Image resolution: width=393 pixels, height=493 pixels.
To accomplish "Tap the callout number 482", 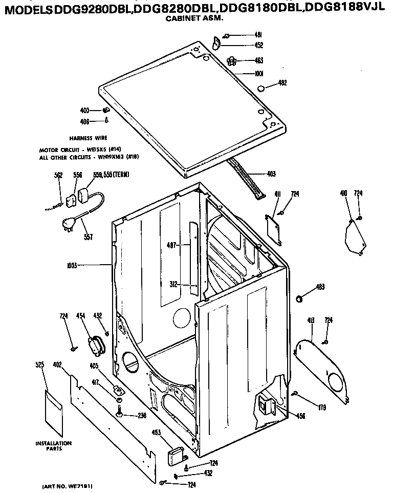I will (x=282, y=83).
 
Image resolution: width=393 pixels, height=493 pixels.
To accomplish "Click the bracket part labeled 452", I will (x=216, y=44).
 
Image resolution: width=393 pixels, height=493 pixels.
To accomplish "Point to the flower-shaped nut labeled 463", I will (x=232, y=60).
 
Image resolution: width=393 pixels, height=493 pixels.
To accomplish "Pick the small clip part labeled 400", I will (x=105, y=110).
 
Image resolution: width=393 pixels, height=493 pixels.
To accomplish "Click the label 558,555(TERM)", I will (x=111, y=175).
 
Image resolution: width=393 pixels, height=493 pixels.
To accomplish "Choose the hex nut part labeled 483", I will (x=300, y=298).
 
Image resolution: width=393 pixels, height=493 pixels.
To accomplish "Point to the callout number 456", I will (x=300, y=416).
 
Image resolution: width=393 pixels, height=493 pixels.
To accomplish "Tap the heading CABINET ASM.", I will (x=196, y=17).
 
